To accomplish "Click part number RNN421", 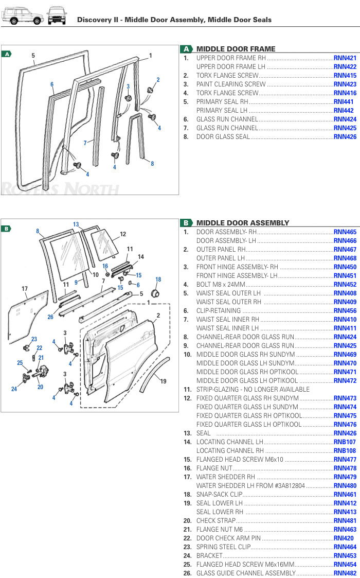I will tap(345, 58).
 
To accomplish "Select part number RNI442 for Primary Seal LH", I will tap(344, 111).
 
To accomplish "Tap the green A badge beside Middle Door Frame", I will tap(186, 49).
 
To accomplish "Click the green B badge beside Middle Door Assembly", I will tap(186, 223).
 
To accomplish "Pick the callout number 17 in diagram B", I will tap(24, 289).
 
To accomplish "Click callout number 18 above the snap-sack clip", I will tap(158, 279).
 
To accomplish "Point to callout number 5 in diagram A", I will tap(33, 56).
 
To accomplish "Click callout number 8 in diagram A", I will tap(152, 164).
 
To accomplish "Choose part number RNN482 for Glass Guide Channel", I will tap(345, 573).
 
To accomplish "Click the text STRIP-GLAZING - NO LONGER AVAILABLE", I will tap(253, 389).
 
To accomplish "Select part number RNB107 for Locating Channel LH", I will tap(345, 442).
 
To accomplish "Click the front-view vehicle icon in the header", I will tap(57, 16).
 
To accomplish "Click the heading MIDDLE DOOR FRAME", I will tap(236, 49).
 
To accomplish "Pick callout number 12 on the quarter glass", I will tap(123, 234).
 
